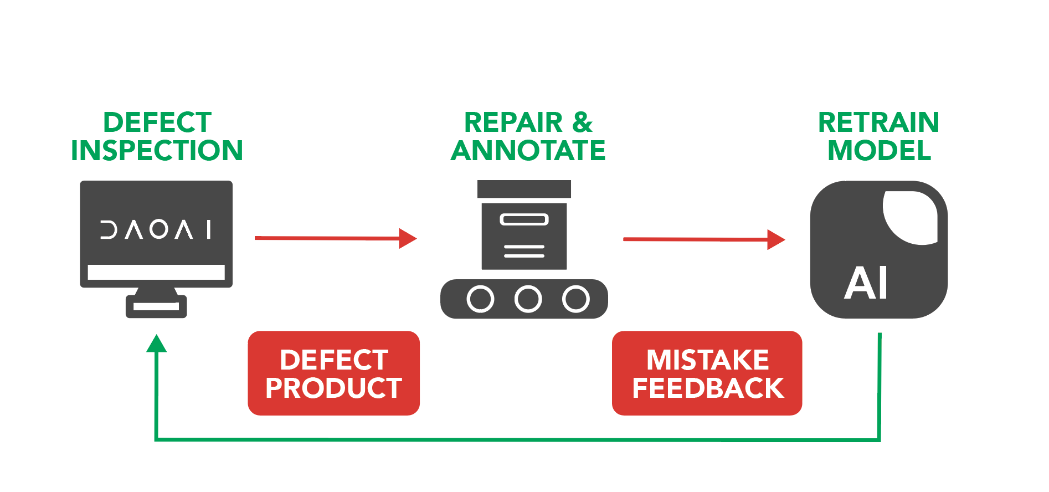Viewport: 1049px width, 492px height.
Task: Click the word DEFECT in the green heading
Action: click(157, 122)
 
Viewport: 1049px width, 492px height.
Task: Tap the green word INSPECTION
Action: click(157, 151)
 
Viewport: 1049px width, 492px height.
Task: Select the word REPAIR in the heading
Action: click(513, 122)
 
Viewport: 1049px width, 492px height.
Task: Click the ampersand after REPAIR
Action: click(582, 122)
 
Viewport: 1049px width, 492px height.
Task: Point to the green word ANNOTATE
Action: click(528, 151)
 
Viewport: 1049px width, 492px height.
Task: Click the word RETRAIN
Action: click(878, 122)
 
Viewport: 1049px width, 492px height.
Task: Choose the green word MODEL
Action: click(879, 151)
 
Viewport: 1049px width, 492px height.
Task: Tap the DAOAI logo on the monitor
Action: click(156, 229)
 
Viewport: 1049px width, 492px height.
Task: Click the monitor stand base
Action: click(156, 306)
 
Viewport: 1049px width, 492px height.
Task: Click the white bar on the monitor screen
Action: click(156, 272)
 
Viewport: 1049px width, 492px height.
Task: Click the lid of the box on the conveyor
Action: click(524, 189)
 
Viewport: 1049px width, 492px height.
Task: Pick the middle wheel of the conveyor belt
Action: click(528, 299)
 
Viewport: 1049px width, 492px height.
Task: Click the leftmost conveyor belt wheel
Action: click(480, 299)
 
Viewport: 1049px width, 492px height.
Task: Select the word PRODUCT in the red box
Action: click(333, 388)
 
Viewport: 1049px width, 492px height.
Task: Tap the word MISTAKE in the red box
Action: click(707, 360)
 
